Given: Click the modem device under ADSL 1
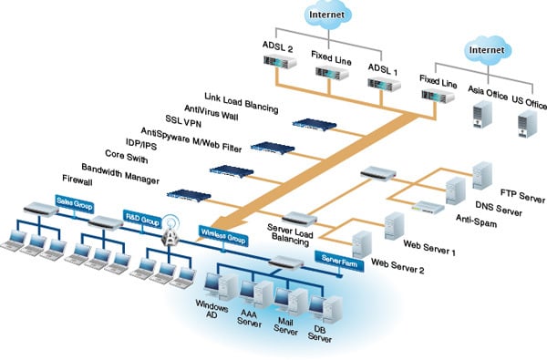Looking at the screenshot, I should click(382, 83).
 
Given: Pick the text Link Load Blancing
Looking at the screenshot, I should click(241, 96).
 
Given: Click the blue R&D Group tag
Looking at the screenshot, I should click(143, 221).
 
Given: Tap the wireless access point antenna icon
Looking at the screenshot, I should click(170, 235).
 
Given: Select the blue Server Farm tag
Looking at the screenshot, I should click(338, 259).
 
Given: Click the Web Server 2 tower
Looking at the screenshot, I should click(362, 242).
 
